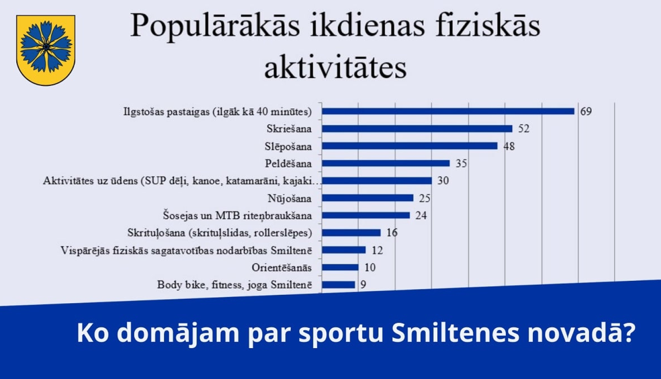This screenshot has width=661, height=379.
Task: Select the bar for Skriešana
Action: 417,129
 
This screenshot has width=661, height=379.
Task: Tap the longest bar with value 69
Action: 448,111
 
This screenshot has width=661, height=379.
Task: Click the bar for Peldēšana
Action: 386,163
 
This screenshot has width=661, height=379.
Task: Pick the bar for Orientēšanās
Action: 340,268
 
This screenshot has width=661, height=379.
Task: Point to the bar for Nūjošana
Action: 368,198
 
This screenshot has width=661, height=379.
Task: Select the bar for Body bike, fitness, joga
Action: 338,285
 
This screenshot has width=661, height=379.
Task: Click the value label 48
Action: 509,146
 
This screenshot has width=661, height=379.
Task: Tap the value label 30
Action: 443,181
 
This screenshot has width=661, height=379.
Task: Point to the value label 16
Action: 392,233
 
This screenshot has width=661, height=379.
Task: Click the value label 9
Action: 363,285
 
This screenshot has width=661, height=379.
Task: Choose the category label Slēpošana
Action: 288,146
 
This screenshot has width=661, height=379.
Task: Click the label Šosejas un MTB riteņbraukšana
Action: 237,216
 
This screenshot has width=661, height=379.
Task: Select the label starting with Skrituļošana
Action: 219,233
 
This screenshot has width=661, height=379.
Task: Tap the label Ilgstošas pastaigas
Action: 217,111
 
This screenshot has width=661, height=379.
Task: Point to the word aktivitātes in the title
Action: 335,68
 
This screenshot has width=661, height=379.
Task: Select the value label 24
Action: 421,216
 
